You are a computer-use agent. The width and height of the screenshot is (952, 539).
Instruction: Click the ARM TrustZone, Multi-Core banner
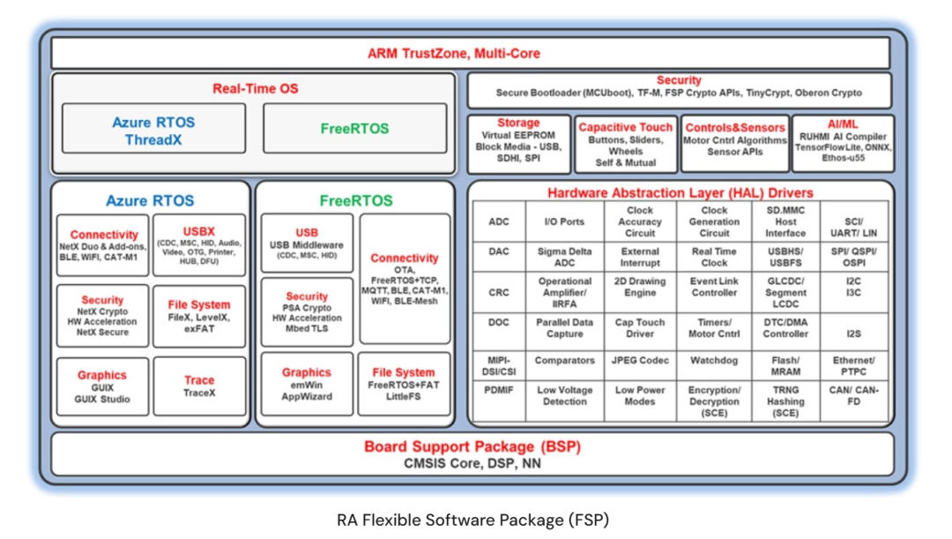coord(471,53)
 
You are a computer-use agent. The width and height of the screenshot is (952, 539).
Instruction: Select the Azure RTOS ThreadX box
coord(153,128)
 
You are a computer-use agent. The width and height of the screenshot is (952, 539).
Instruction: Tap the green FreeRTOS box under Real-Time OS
coord(354,128)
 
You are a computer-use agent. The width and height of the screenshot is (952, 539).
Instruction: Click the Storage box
coord(518,144)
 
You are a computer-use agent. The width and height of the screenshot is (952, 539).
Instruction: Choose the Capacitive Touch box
coord(625,144)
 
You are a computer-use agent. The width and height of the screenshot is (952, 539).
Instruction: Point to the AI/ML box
coord(843,144)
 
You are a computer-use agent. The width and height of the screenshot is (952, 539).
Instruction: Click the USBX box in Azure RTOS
coord(199,245)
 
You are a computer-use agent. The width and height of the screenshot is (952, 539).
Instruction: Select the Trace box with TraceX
coord(199,386)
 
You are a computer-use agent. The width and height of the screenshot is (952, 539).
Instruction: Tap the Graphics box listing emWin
coord(307,384)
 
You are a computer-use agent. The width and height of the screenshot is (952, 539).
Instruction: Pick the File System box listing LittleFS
coord(404,384)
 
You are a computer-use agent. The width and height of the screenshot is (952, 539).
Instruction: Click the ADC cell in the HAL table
coord(499,221)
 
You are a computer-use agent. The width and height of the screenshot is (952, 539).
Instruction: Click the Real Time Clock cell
coord(714,257)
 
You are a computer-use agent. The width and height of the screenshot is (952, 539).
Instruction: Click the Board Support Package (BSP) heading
coord(472,446)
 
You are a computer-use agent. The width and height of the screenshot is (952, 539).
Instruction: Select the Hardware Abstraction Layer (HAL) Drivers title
coord(680,192)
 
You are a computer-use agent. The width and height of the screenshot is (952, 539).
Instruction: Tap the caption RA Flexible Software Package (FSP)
coord(473,520)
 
